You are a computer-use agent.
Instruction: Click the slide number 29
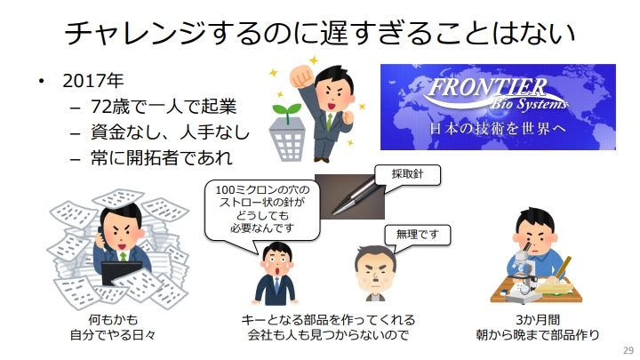pos(628,350)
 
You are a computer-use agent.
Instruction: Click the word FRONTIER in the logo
pos(487,87)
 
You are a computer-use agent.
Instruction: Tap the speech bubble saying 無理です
pos(417,235)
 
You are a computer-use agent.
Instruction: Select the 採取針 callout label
pos(407,175)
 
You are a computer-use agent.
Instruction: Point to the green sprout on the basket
pos(286,111)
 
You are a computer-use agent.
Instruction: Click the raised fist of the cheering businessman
pos(300,76)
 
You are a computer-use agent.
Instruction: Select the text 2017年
pos(93,81)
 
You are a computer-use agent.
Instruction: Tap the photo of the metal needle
pos(350,196)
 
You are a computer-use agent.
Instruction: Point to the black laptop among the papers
pos(121,272)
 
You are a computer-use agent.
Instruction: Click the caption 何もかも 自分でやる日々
pos(113,327)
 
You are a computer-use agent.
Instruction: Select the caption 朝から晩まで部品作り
pos(537,335)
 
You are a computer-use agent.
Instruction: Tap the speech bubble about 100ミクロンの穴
pos(261,209)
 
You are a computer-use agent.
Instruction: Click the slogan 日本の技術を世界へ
pos(498,129)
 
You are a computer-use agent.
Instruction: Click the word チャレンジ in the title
pos(135,33)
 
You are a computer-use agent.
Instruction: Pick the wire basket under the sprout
pos(287,140)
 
